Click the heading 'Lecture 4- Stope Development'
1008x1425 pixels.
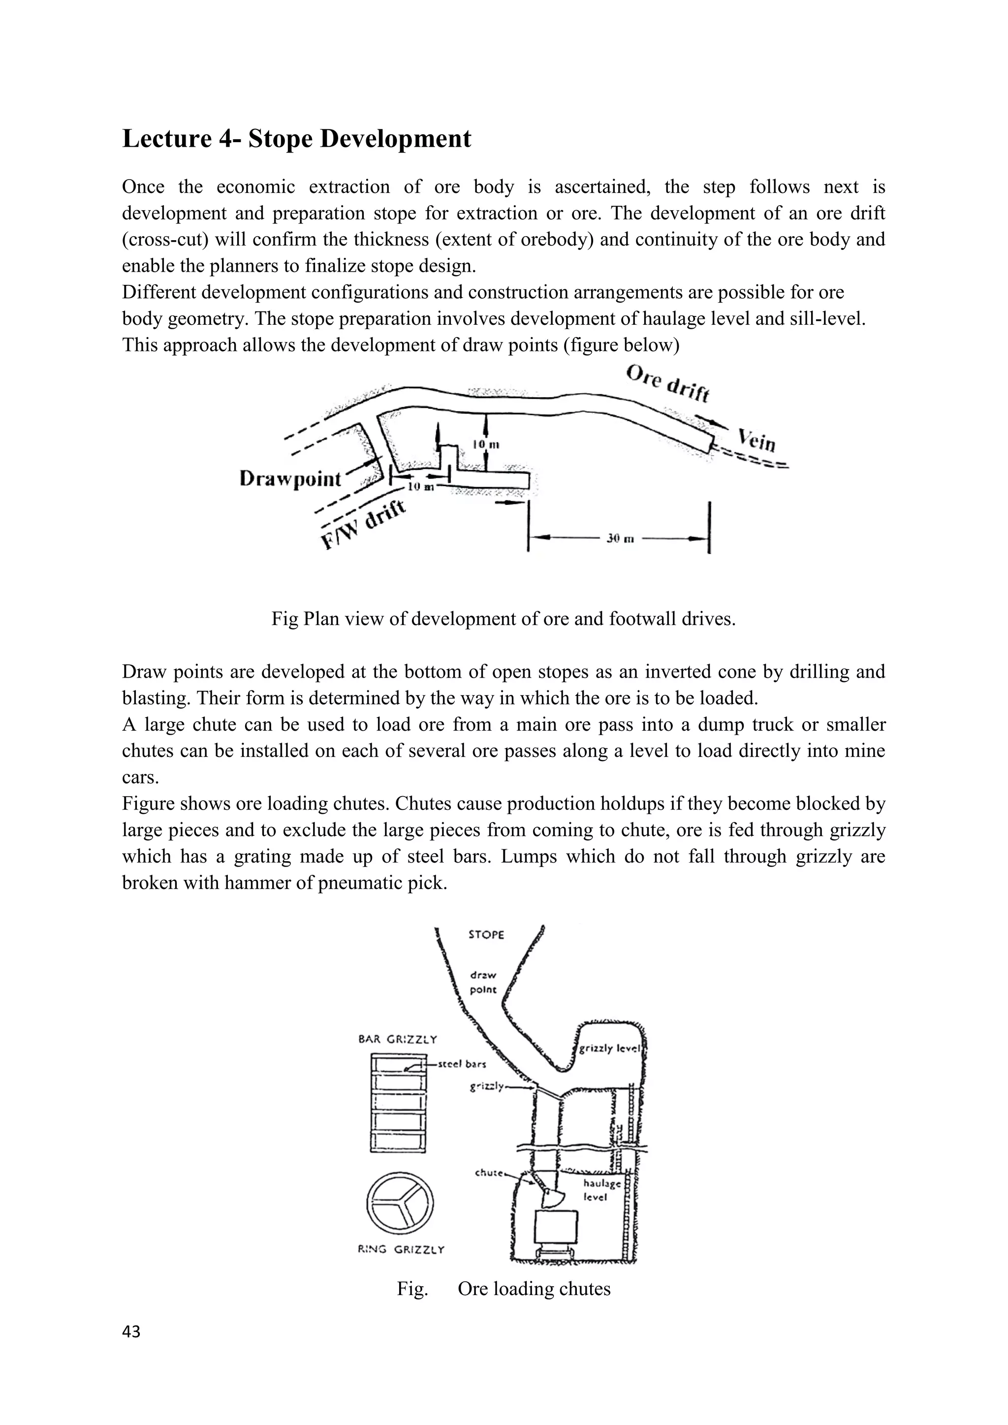297,138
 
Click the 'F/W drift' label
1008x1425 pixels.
364,524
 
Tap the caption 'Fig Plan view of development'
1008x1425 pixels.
503,619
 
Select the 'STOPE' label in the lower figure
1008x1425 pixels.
486,935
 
